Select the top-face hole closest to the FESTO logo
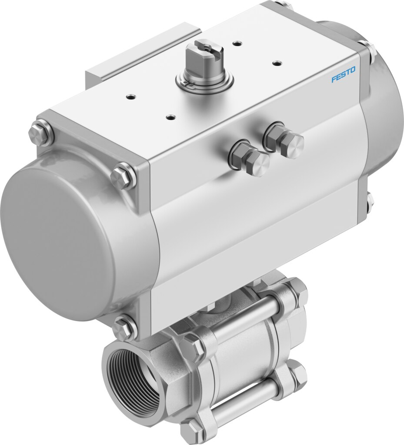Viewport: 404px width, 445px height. point(275,62)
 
